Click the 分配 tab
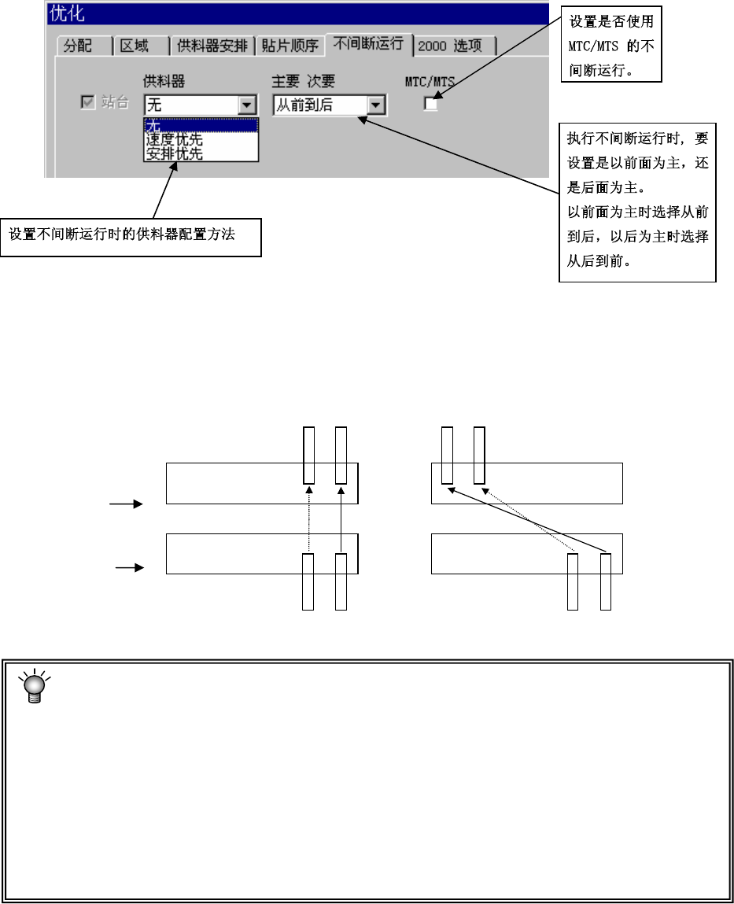tap(77, 46)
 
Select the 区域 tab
tap(134, 46)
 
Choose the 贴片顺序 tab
tap(290, 46)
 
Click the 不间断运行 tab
tap(368, 43)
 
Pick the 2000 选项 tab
tap(455, 46)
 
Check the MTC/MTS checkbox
tap(431, 104)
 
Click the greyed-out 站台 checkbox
tap(88, 103)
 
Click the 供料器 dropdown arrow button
tap(248, 105)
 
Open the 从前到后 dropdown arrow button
tap(377, 105)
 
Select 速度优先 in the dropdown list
tap(175, 139)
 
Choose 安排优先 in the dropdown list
tap(175, 153)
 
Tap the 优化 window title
tap(68, 13)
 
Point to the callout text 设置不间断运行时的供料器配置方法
tap(122, 234)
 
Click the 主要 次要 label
tap(303, 82)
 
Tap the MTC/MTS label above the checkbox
tap(430, 82)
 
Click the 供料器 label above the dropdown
tap(164, 82)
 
